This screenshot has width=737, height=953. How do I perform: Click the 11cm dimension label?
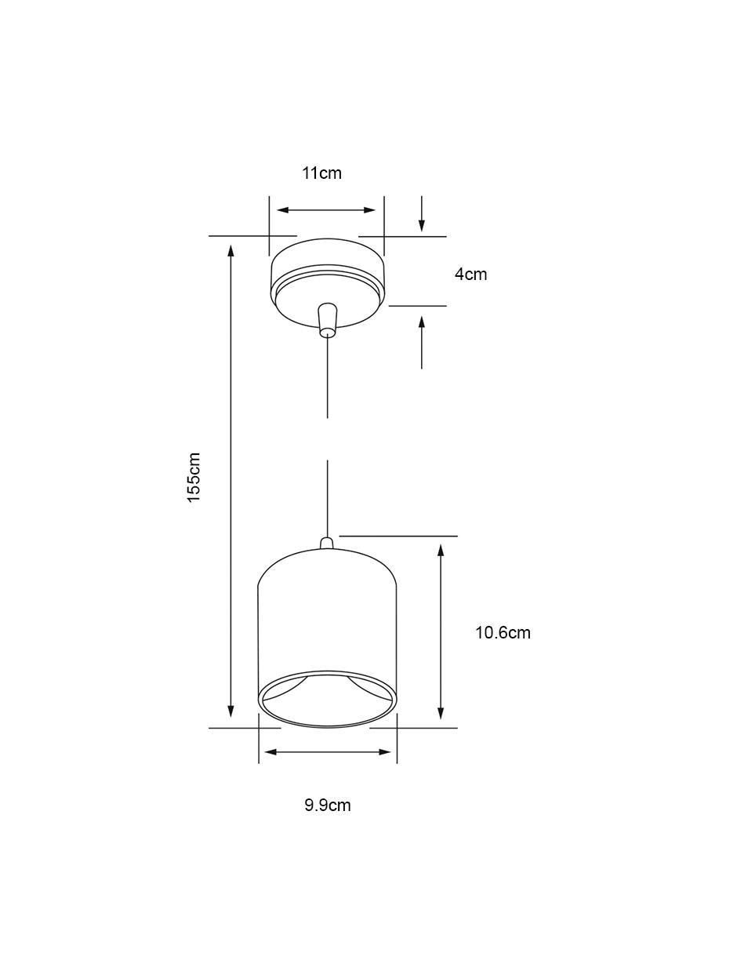tap(321, 173)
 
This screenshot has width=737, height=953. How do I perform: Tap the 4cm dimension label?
tap(470, 274)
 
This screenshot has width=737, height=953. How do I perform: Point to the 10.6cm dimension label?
tap(503, 633)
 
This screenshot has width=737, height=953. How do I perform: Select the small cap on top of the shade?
tap(326, 543)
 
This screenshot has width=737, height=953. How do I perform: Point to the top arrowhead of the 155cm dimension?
tap(231, 249)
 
